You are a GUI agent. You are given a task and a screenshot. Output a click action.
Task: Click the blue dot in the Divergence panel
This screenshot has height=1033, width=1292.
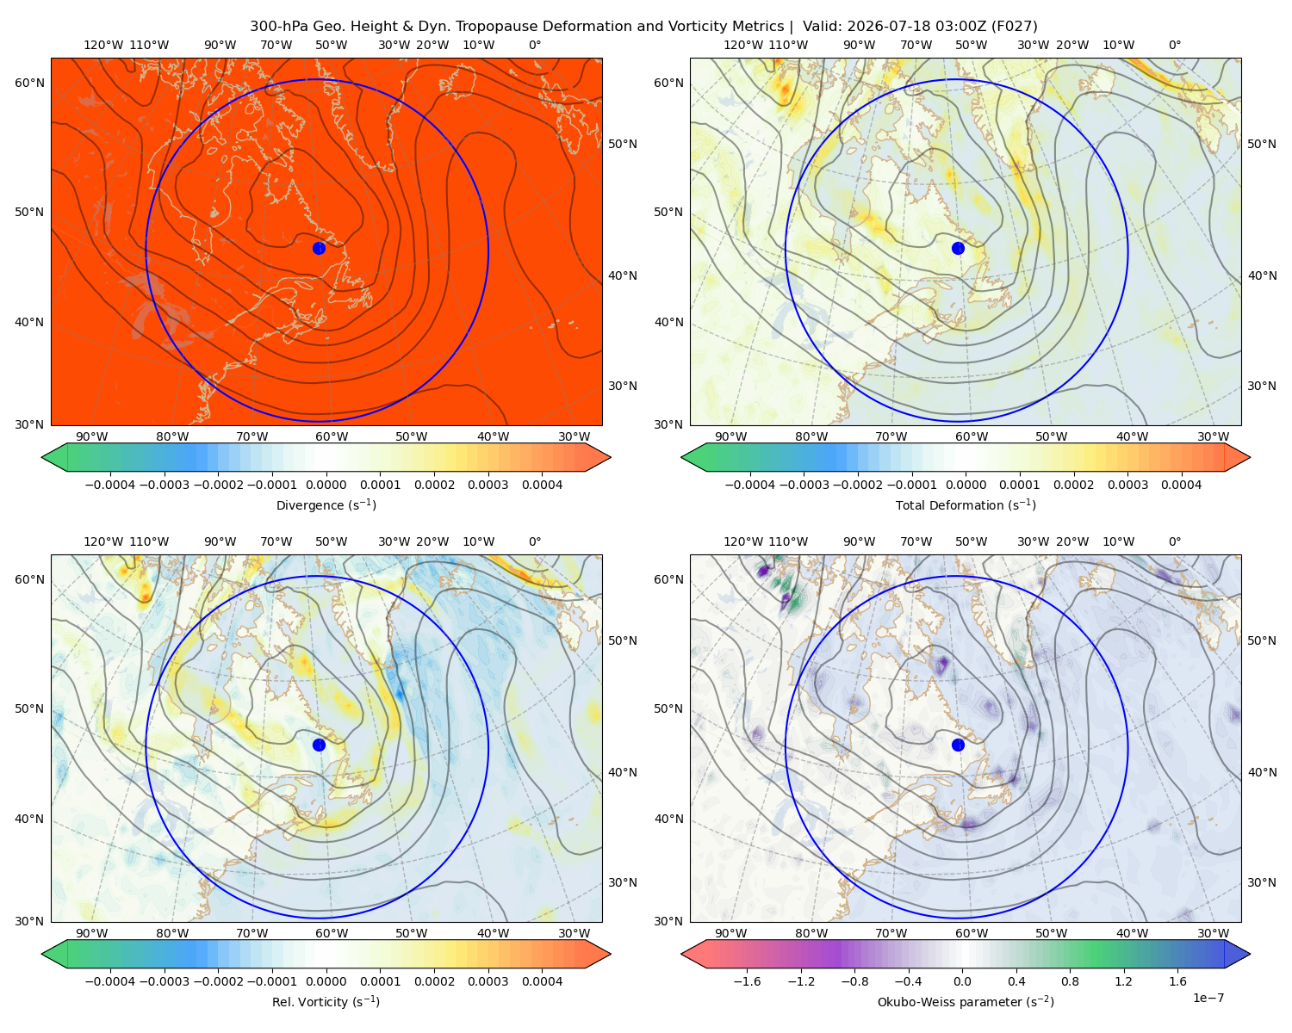point(319,248)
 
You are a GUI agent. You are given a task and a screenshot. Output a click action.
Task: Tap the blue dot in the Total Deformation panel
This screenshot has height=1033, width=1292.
point(958,248)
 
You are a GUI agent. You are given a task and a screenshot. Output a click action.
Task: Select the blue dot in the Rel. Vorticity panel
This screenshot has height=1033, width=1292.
point(319,745)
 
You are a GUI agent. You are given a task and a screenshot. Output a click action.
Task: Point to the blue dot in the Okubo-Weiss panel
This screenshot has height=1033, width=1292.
point(958,745)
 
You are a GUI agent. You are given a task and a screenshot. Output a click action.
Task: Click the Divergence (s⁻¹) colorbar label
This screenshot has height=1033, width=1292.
point(326,504)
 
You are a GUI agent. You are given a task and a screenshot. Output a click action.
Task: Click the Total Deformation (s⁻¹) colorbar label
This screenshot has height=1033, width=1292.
point(966,504)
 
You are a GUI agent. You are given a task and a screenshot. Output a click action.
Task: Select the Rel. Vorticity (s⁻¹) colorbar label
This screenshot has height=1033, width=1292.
point(326,1002)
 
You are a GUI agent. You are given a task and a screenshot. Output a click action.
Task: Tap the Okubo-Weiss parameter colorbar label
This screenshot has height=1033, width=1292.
point(966,1002)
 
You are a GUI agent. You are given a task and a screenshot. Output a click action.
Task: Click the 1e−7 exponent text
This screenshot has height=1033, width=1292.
point(1208,998)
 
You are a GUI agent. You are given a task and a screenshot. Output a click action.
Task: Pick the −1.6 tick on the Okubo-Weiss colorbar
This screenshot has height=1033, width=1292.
point(747,981)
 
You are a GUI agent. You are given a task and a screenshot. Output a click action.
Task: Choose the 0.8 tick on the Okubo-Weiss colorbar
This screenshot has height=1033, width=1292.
point(1070,981)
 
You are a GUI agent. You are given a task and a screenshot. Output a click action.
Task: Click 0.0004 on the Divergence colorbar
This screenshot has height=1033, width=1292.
point(542,485)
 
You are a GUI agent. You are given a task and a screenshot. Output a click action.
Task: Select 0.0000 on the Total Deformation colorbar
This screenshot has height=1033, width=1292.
point(966,485)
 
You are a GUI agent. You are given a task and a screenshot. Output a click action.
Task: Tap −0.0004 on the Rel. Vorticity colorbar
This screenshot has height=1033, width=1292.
point(110,981)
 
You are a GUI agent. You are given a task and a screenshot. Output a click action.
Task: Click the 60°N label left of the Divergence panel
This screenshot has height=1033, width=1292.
point(29,83)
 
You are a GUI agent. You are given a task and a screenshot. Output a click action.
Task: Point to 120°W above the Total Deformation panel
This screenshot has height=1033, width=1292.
point(742,45)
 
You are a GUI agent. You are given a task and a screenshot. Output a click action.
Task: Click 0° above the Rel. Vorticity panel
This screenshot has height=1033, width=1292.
point(535,541)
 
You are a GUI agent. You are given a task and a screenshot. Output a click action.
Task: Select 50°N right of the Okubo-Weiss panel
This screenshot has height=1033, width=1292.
point(1261,640)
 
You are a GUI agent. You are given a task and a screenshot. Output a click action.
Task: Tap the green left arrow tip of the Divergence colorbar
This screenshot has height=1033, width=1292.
point(42,457)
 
